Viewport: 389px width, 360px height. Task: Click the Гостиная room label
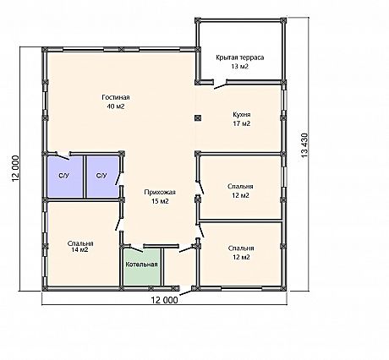point(116,97)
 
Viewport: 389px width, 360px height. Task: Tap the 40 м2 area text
point(116,106)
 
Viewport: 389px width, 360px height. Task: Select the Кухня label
point(242,115)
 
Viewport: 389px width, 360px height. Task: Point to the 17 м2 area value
point(242,123)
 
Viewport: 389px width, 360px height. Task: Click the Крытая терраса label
point(240,57)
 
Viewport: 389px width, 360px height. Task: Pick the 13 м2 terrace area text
point(240,67)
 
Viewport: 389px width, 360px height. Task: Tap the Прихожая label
point(160,193)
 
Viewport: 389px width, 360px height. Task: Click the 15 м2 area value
point(160,201)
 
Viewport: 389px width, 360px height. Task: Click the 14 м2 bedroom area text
point(80,249)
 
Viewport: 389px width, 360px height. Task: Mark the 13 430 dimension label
point(304,145)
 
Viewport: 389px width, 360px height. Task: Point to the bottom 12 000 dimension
point(165,300)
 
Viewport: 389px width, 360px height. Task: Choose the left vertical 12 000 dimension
point(15,168)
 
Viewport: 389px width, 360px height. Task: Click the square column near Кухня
point(198,118)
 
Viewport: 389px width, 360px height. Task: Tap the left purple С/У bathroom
point(65,177)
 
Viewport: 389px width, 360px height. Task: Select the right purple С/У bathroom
point(102,177)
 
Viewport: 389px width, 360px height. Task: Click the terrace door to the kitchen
point(220,85)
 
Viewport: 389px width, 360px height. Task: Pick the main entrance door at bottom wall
point(186,292)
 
